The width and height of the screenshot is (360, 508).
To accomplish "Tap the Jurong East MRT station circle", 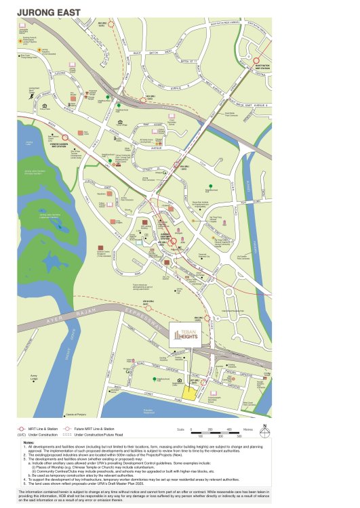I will (x=172, y=240).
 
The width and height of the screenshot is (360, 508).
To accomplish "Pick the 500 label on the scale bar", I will (x=231, y=436).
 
